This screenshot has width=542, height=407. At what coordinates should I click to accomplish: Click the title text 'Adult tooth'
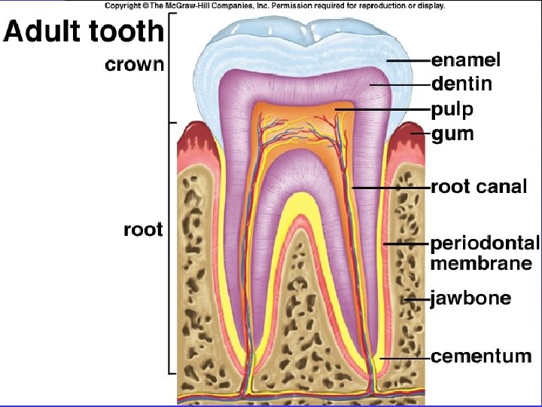pos(83,32)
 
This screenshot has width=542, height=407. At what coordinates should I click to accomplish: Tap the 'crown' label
pos(133,65)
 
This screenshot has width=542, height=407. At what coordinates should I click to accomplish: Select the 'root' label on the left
pos(142,229)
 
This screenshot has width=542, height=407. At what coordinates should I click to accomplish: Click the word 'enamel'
pos(466,59)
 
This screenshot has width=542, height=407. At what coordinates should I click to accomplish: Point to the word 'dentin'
pos(461,84)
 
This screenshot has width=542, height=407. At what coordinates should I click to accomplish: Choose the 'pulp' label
pos(452,110)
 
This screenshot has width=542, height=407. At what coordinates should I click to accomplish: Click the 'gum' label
pos(452,135)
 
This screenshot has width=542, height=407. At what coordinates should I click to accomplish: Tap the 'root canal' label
pos(479,187)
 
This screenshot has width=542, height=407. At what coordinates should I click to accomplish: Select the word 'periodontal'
pos(485,243)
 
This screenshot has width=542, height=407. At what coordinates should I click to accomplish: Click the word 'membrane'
pos(480,264)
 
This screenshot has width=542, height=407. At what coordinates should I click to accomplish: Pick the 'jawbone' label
pos(470,299)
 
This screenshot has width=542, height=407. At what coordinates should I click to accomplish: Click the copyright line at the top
pos(274,5)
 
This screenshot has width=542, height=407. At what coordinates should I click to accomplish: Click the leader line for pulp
pos(380,110)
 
